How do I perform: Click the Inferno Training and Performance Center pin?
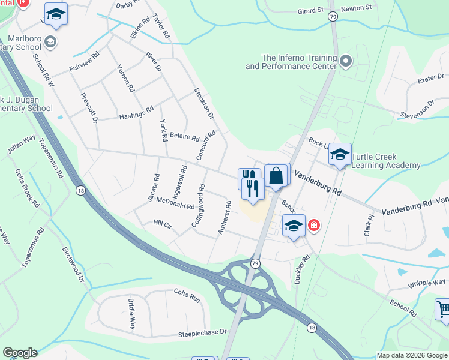345,61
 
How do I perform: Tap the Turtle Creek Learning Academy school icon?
340,156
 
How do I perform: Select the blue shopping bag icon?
277,176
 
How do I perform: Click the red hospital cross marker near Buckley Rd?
313,226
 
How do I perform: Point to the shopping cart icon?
443,310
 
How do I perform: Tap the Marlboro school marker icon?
50,41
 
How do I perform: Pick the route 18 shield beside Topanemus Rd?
80,190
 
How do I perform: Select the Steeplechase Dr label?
202,332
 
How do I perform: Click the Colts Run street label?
186,295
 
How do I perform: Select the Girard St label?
311,10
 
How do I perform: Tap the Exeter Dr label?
430,79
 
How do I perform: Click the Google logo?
20,353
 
